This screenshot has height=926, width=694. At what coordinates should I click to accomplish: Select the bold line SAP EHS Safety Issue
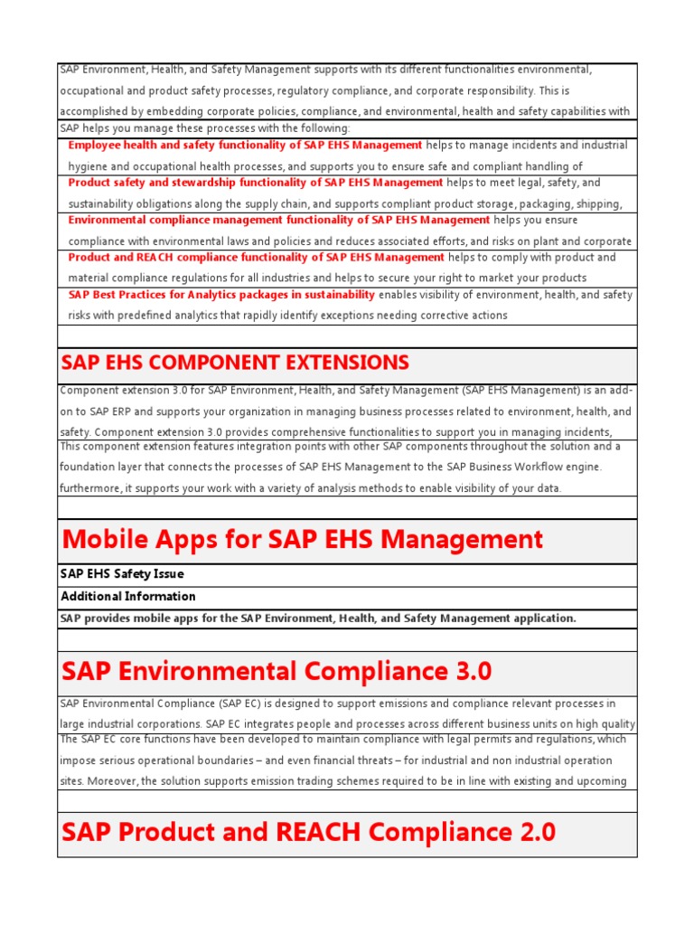[x=122, y=574]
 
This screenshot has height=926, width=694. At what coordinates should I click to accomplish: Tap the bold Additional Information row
[x=127, y=596]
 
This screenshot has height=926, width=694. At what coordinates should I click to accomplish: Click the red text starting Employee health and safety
[x=245, y=145]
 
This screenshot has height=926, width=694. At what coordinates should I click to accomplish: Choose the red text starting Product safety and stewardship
[x=256, y=183]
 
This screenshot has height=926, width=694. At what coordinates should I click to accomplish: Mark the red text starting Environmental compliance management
[x=279, y=220]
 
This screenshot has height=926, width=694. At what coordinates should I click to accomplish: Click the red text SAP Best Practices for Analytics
[x=221, y=295]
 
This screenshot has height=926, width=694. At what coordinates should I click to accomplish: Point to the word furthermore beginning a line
[x=88, y=488]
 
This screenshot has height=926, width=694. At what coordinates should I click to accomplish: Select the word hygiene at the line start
[x=89, y=166]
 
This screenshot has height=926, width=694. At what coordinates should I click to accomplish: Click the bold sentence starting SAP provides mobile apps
[x=317, y=619]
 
